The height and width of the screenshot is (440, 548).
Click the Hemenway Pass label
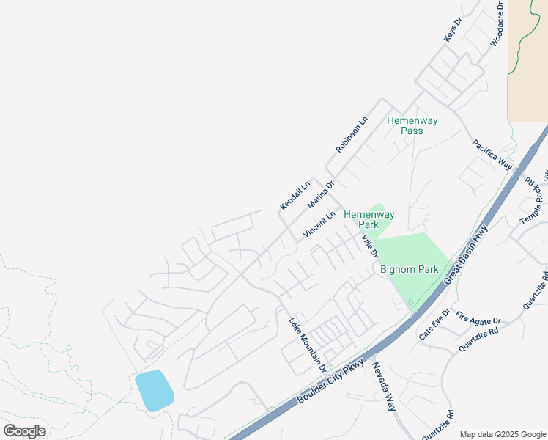[x=412, y=125]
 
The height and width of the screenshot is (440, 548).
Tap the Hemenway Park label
[x=369, y=220]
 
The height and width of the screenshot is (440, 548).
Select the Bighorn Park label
[x=409, y=269]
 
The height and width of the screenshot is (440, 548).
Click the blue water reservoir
[x=154, y=391]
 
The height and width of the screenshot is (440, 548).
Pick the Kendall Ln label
[x=295, y=194]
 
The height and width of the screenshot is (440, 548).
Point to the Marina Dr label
[x=321, y=194]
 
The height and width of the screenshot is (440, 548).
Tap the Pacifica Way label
[x=492, y=154]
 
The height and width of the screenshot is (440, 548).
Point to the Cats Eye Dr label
[x=434, y=324]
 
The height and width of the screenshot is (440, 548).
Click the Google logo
[x=24, y=431]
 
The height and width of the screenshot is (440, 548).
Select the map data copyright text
[x=502, y=433]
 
